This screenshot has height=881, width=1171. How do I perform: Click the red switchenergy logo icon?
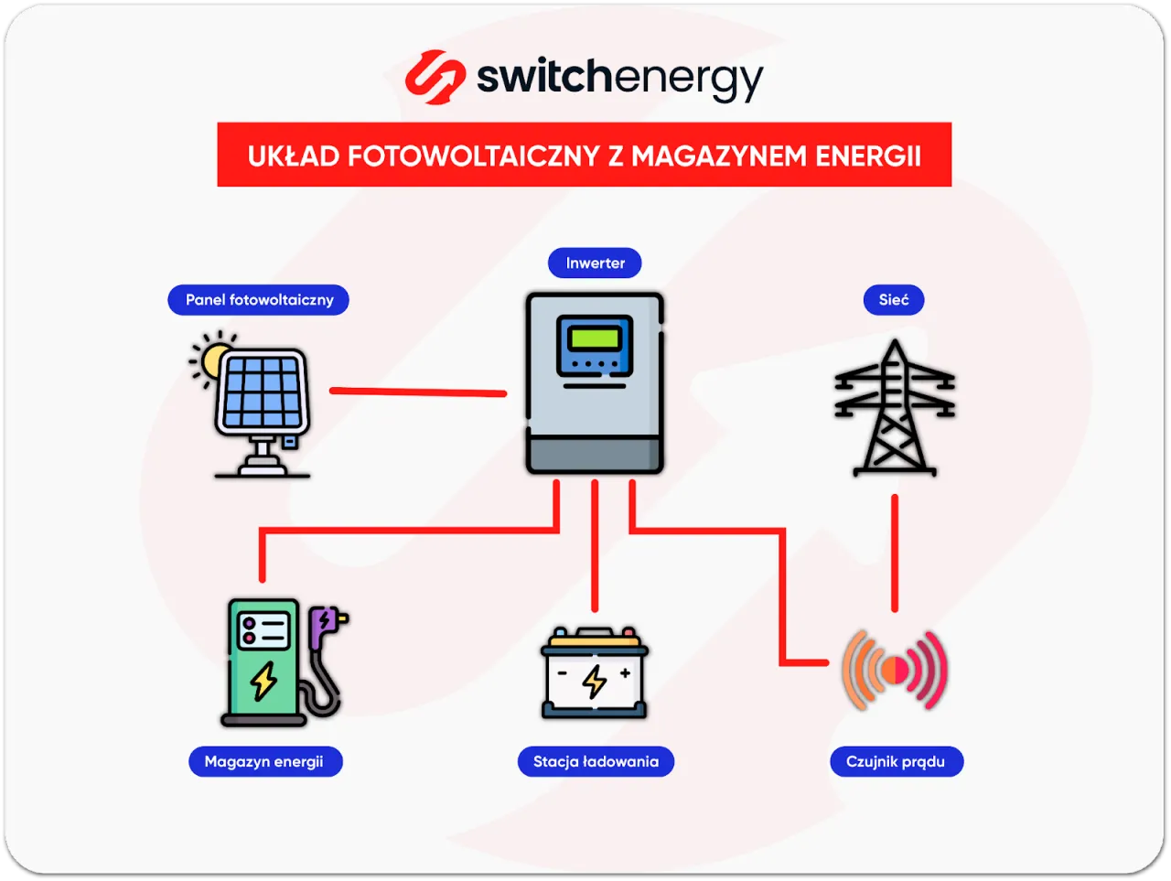click(x=434, y=77)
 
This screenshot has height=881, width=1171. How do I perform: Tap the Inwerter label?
click(x=595, y=263)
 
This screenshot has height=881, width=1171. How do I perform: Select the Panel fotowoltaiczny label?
click(x=259, y=300)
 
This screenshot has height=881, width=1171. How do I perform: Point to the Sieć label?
click(x=894, y=300)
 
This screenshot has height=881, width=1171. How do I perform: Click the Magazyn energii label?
click(x=264, y=761)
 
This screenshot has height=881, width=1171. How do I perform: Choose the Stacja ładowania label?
click(x=596, y=761)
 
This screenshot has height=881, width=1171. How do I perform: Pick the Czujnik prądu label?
click(x=896, y=761)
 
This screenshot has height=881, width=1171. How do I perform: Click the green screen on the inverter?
click(x=595, y=338)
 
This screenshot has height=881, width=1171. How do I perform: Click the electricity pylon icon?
click(x=894, y=409)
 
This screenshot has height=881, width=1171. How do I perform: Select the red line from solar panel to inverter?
click(x=417, y=392)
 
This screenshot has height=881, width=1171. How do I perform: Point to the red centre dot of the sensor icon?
click(x=896, y=671)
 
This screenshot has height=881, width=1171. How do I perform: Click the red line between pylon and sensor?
click(x=895, y=553)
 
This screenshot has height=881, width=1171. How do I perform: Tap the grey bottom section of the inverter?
click(x=595, y=454)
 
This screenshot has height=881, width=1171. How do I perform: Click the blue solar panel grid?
click(x=263, y=392)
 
